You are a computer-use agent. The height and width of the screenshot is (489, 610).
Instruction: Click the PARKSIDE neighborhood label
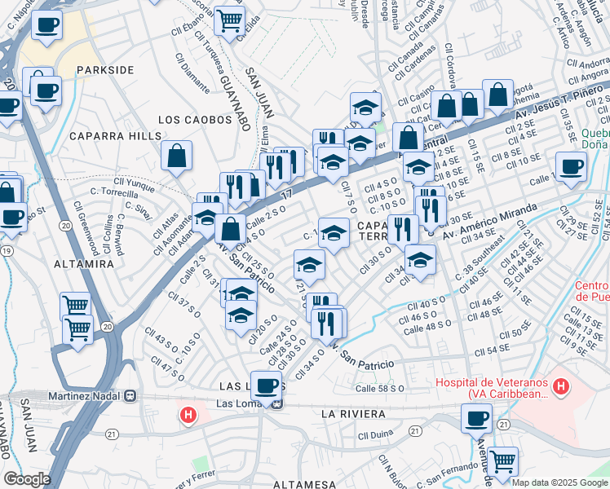105,70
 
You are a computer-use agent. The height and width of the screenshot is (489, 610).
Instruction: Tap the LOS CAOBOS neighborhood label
195,119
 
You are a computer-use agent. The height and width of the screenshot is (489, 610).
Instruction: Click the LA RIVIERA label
352,414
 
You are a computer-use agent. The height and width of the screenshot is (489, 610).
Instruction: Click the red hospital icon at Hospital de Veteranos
560,383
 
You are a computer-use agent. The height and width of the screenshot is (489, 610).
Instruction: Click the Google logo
26,478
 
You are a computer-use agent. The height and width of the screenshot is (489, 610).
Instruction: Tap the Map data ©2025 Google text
559,482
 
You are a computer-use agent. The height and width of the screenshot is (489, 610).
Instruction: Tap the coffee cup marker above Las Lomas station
266,385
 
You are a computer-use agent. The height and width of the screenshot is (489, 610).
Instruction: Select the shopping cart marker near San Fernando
503,461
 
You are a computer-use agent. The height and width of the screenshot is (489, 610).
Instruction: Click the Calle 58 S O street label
380,389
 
